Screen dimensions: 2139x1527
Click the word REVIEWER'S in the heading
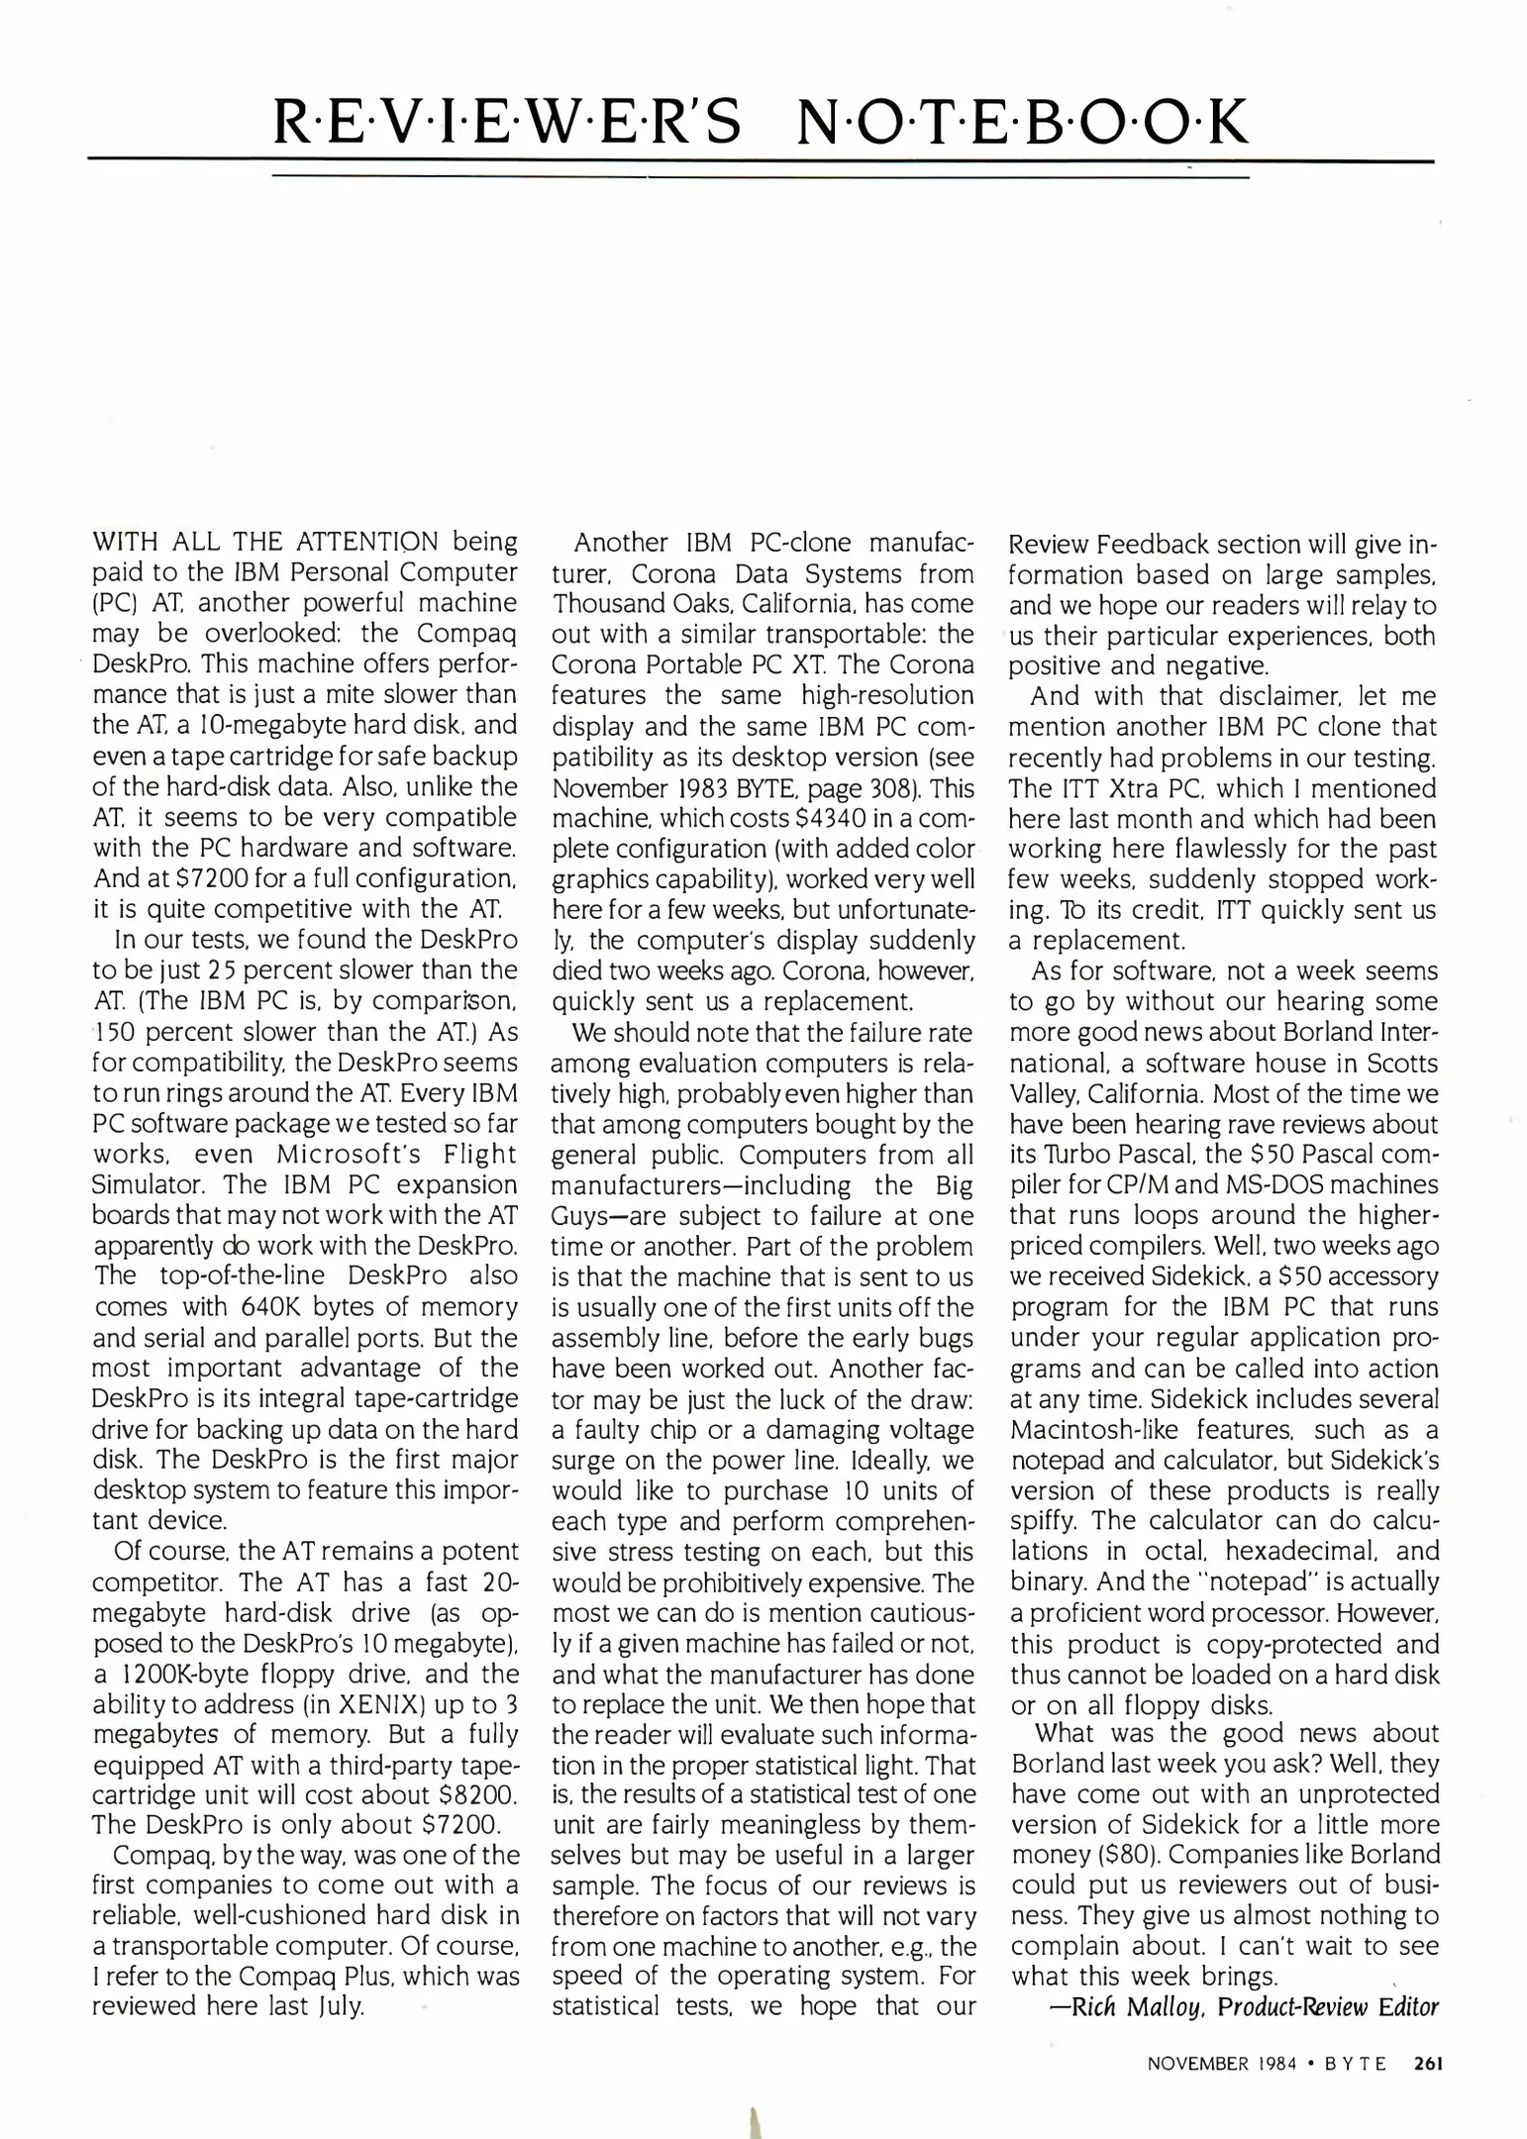point(506,122)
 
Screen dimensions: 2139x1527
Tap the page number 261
point(1429,2064)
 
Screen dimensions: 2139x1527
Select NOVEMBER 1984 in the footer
point(1222,2065)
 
